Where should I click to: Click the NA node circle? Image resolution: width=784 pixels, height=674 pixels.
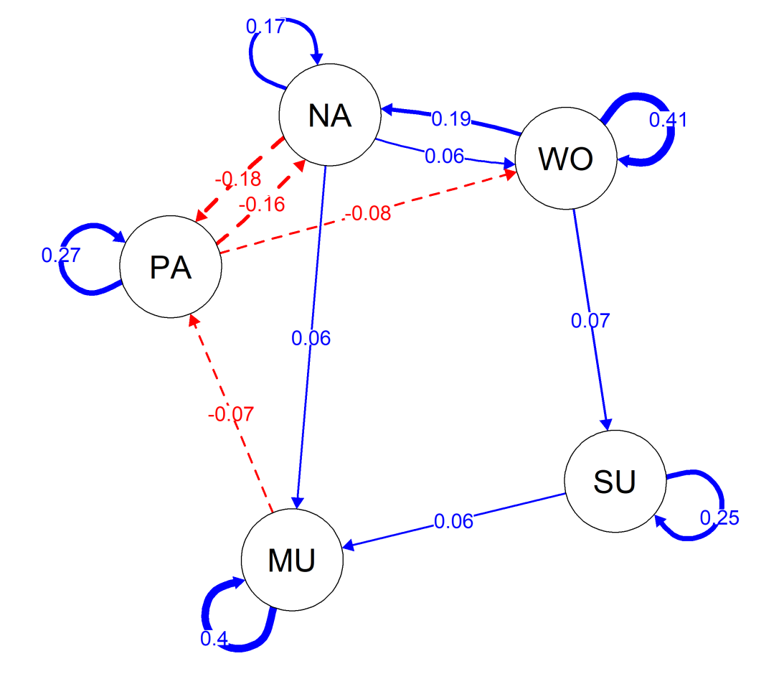point(330,115)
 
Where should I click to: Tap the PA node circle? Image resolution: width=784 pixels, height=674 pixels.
point(171,267)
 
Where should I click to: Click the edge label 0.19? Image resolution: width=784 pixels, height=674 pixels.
point(451,118)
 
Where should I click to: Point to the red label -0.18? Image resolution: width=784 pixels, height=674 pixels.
point(237,178)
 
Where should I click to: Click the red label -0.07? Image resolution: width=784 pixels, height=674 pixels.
point(231,414)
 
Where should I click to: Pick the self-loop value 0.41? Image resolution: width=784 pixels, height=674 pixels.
point(668,120)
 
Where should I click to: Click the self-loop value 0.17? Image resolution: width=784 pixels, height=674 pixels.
point(265,27)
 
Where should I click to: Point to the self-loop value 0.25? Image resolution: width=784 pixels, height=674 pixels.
point(719,517)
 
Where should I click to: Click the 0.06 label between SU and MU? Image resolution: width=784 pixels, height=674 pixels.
point(453,521)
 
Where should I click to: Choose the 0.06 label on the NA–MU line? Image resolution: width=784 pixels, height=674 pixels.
point(311,338)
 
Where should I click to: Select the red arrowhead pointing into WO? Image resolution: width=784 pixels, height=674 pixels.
point(510,174)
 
